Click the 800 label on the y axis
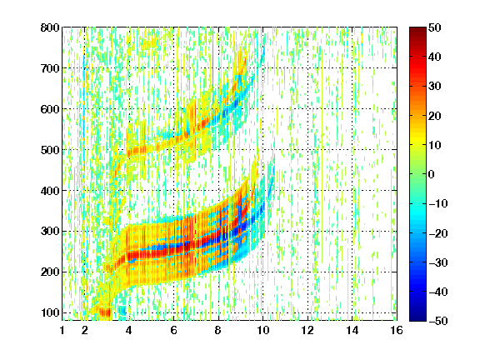tap(50, 27)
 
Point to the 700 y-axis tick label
tap(50, 68)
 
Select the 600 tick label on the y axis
tap(50, 109)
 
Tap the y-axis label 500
tap(50, 150)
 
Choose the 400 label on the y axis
tap(50, 191)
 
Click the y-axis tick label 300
tap(50, 232)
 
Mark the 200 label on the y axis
tap(50, 272)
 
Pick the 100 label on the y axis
tap(50, 312)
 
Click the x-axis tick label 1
tap(62, 330)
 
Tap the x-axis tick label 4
tap(129, 330)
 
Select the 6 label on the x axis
tap(173, 330)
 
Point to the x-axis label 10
tap(262, 330)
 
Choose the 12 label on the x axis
tap(307, 330)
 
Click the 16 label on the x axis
tap(397, 330)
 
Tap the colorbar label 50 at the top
tap(434, 27)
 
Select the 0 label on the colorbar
tap(432, 174)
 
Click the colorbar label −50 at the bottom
tap(438, 321)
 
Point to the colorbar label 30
tap(434, 87)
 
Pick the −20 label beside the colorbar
tap(438, 233)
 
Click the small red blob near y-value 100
tap(104, 312)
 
